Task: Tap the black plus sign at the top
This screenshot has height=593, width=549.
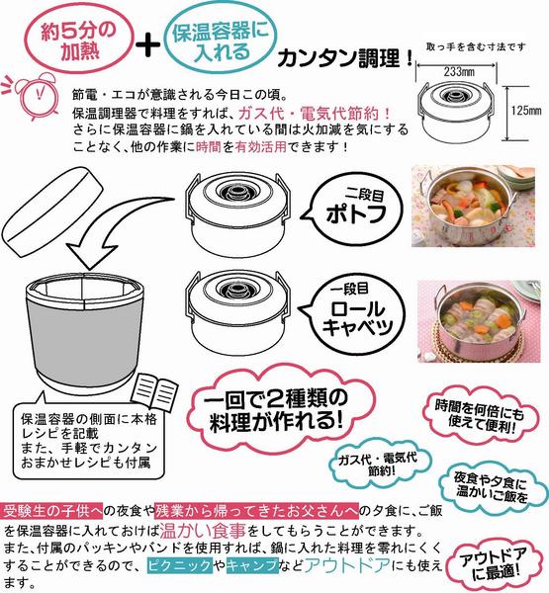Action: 148,44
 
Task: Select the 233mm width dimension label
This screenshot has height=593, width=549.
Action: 459,71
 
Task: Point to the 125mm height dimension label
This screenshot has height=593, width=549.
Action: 526,111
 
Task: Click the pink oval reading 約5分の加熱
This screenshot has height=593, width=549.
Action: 79,39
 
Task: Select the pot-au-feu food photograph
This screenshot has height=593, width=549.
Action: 473,207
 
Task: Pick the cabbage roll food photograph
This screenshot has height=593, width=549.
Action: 479,321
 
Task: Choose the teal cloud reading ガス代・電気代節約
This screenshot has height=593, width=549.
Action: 381,465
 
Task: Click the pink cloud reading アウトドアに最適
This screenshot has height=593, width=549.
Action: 494,564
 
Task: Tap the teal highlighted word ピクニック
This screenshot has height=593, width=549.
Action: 179,565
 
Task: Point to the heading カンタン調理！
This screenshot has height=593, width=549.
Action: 345,58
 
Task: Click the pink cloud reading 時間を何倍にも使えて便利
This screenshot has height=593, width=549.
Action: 480,417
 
